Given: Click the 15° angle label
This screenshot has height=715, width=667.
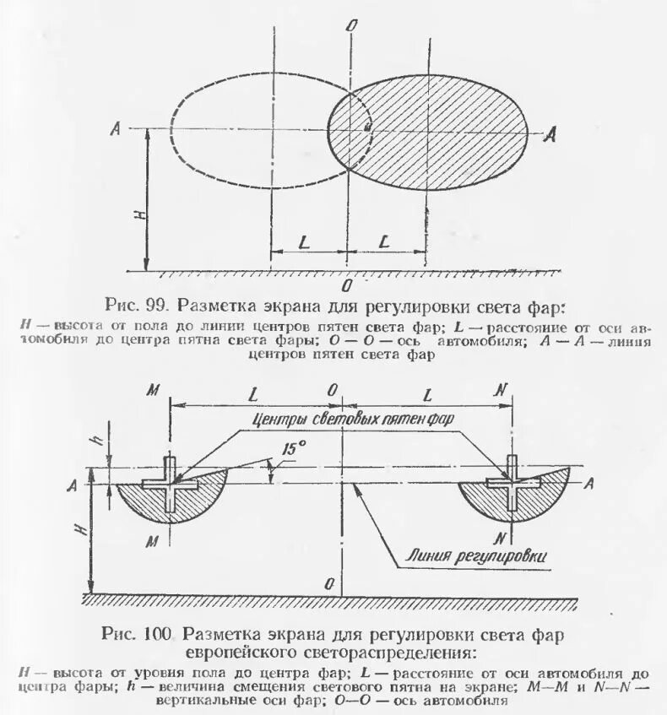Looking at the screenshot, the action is [294, 450].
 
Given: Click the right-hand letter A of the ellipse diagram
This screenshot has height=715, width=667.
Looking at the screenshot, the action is [550, 133].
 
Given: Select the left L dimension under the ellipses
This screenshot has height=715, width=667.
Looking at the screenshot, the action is [303, 241].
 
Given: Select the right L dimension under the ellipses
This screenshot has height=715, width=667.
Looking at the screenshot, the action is [384, 241].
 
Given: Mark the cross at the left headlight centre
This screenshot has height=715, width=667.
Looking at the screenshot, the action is [171, 485].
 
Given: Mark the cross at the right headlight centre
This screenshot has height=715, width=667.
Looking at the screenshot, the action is [512, 485].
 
